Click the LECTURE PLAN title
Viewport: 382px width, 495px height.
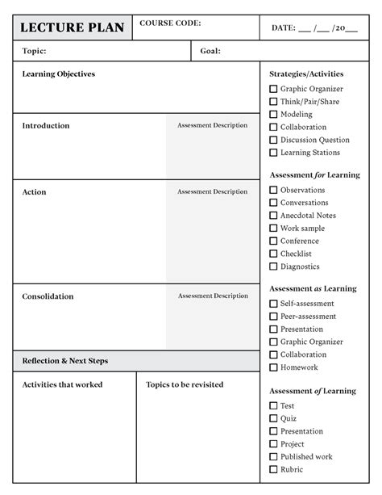[72, 28]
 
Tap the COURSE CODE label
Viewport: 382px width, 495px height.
[170, 23]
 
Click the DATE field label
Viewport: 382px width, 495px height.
[283, 28]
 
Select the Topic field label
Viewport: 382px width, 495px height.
[34, 51]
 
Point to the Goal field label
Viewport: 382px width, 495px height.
[210, 51]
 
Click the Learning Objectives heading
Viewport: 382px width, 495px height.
[58, 74]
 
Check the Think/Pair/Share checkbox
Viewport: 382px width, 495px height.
[273, 102]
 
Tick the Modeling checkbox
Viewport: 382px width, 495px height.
[273, 115]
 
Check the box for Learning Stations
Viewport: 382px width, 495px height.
[273, 153]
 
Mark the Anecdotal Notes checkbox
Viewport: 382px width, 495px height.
[273, 216]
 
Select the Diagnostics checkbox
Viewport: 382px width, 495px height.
[273, 266]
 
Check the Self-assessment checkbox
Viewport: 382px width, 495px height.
[273, 304]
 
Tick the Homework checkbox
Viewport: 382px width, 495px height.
[273, 367]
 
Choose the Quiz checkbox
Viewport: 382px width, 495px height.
[273, 418]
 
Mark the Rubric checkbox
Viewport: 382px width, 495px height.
[273, 469]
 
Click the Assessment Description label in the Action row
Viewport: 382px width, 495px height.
[213, 192]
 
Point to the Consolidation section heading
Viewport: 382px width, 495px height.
[48, 296]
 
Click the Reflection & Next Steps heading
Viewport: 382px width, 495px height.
[65, 361]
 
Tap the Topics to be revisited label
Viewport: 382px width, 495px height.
[185, 384]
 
